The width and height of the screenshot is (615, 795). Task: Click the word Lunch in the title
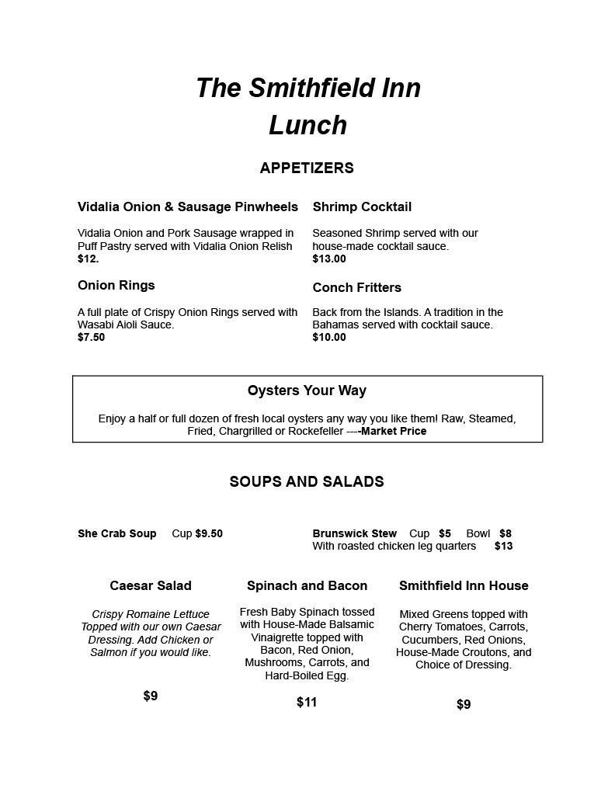307,126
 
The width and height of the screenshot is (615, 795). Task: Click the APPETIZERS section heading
307,168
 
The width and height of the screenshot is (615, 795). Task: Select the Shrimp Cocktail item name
362,207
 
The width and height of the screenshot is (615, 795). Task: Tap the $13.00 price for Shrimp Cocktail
329,259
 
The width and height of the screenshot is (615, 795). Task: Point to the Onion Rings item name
116,285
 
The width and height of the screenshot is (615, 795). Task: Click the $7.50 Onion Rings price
91,338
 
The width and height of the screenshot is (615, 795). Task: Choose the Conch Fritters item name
357,287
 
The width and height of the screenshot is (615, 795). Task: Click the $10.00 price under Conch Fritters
329,338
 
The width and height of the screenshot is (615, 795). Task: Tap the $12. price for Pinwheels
88,259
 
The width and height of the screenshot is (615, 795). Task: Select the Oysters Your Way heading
307,391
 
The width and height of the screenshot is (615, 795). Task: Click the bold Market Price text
394,432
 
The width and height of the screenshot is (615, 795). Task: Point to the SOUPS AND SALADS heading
307,481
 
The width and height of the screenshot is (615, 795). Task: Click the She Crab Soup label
117,533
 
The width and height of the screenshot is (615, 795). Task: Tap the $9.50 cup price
209,533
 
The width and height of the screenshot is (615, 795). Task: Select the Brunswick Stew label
354,533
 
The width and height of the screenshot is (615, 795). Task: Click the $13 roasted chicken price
503,546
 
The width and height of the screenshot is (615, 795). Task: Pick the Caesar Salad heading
151,585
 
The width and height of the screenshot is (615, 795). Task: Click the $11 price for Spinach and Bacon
307,703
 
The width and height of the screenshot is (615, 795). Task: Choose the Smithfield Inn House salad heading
464,585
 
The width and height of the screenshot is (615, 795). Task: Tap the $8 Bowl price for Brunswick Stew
505,533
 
